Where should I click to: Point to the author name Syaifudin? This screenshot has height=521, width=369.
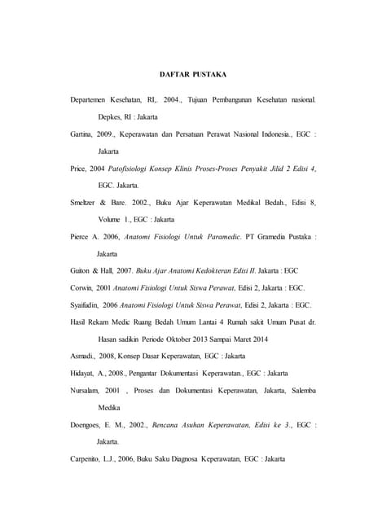coord(87,305)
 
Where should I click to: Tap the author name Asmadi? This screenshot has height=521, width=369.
coord(84,357)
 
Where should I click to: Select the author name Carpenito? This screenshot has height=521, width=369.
coord(89,459)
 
